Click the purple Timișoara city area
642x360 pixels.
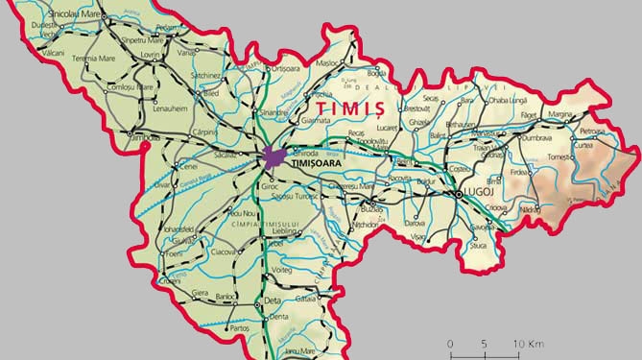click(274, 156)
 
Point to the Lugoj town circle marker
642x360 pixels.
click(460, 194)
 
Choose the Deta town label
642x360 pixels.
click(273, 301)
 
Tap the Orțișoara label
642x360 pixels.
click(287, 68)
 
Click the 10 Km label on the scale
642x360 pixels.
click(529, 343)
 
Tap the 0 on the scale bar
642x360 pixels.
click(450, 343)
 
